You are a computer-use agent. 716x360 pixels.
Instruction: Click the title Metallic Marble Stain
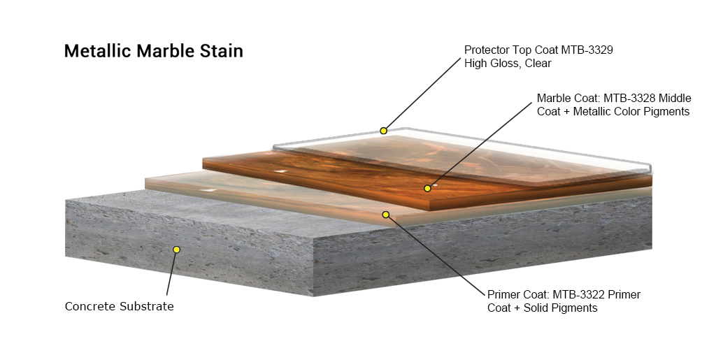(x=153, y=50)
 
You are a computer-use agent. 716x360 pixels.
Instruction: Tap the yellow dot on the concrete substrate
(x=177, y=249)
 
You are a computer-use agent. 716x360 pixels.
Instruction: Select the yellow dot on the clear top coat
(x=384, y=131)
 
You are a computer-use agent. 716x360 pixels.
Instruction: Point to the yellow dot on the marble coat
(x=427, y=188)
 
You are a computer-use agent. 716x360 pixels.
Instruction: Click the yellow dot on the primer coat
(x=386, y=215)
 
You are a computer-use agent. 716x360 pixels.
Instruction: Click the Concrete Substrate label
(x=119, y=306)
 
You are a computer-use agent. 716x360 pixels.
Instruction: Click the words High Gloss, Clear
(x=508, y=64)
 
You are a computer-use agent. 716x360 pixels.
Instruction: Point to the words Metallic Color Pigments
(x=631, y=112)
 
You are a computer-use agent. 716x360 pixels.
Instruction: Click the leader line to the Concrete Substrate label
(x=171, y=274)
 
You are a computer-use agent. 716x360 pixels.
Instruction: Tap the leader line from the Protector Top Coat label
(x=422, y=94)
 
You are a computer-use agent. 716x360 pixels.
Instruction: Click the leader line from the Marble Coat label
(x=480, y=145)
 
